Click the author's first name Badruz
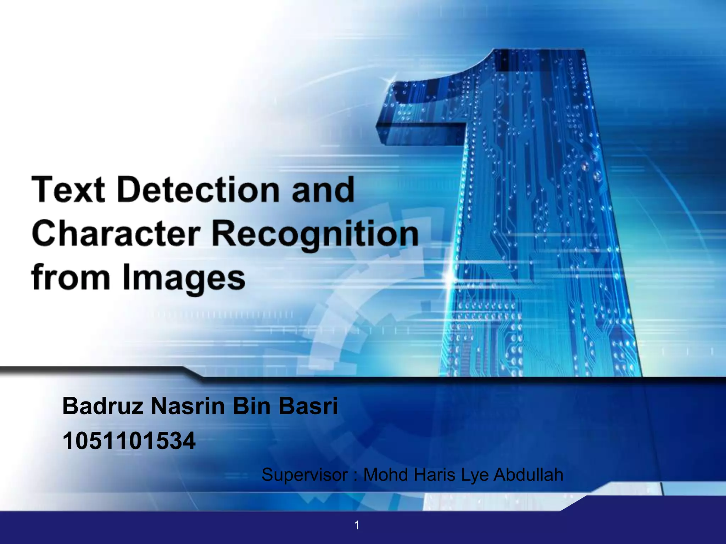pos(103,406)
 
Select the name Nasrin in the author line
pos(188,406)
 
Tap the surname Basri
pos(308,406)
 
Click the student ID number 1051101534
pos(129,441)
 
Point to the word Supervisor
pos(305,475)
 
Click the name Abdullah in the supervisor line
pos(528,475)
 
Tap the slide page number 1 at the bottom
pos(357,525)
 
